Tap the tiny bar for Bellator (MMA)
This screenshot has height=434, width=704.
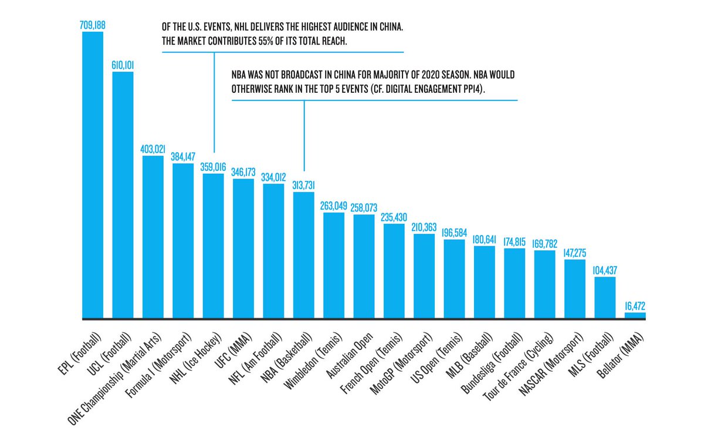(635, 315)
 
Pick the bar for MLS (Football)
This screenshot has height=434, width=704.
(605, 298)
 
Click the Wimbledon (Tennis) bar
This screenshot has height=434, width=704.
(334, 265)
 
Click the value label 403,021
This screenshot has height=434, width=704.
(153, 149)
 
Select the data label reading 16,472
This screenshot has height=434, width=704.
(635, 305)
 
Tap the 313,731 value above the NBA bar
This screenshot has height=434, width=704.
(303, 185)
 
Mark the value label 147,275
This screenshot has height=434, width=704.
(574, 253)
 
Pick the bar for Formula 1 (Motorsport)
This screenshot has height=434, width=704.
(183, 241)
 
